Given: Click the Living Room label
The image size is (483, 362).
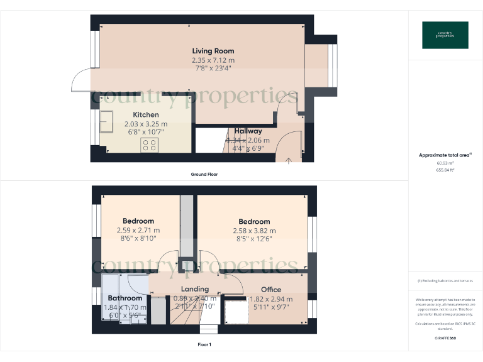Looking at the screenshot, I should point(213,51).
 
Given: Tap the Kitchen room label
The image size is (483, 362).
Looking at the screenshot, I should point(145,114).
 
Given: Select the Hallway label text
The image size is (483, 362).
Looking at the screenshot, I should point(248,131).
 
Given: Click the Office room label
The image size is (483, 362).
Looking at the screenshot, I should point(270,290).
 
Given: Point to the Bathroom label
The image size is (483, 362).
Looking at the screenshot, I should point(125,298).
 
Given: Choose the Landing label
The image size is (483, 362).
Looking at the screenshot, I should point(194,289).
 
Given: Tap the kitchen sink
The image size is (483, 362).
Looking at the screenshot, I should point(105,122).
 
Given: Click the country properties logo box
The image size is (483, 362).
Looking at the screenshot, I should point(445,35).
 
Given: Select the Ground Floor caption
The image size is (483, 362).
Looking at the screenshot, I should point(204,174).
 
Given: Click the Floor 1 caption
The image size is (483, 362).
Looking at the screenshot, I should point(204,344).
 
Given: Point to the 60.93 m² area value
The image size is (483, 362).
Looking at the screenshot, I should point(445,163).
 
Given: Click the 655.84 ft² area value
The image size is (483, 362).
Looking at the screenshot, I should point(445,170).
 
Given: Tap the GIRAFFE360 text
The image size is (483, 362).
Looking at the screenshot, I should point(445,338).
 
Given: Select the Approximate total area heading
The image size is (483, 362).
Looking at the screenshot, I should point(445,155).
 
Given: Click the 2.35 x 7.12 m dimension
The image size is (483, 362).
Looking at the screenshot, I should point(213,60).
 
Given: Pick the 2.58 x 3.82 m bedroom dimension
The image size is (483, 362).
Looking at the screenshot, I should point(254,231).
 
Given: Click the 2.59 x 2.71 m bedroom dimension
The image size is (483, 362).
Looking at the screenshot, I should point(138,230).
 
